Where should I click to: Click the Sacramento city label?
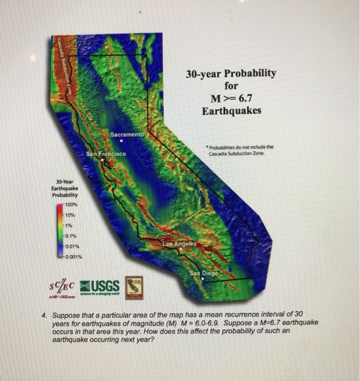point(127,134)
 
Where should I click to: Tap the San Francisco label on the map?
point(106,154)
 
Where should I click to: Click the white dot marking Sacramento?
point(121,140)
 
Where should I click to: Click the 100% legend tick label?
point(72,204)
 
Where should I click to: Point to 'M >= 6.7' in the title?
point(231,99)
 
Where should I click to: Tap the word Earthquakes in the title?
point(231,111)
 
